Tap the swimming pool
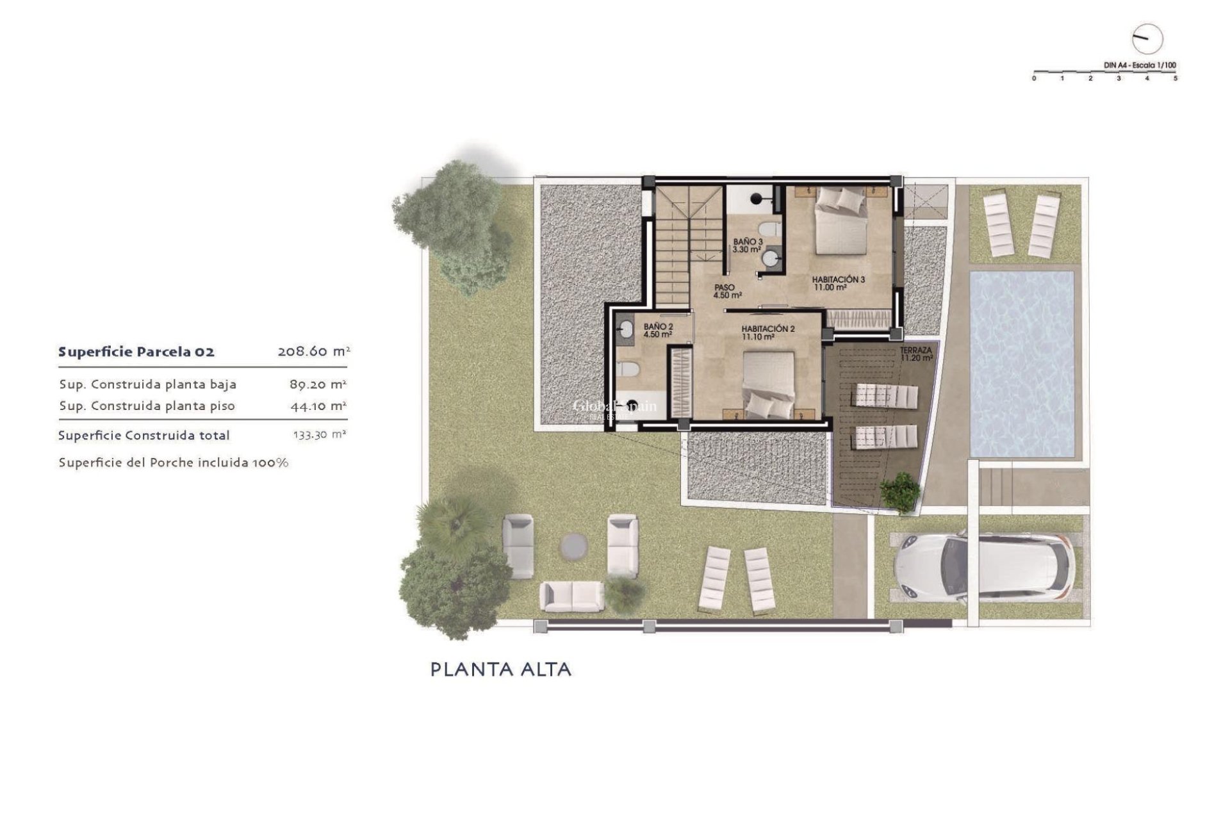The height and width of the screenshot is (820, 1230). [x=1022, y=363]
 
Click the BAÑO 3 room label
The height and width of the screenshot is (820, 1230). [x=747, y=245]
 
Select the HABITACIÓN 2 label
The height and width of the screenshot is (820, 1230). [x=767, y=332]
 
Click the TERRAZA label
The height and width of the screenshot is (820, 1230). [x=916, y=354]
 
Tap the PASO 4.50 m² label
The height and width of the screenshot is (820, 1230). [x=727, y=291]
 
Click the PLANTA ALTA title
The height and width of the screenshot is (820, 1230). [x=500, y=669]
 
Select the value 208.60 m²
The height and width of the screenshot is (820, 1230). [x=313, y=352]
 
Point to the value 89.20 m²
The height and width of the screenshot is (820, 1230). [x=318, y=384]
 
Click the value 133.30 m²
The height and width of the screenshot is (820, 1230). [x=320, y=435]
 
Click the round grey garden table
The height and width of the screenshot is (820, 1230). [x=573, y=546]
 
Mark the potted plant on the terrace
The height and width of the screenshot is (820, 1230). [x=900, y=492]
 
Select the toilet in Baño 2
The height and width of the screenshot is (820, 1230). [x=628, y=370]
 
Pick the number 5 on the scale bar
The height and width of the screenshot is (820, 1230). [x=1175, y=79]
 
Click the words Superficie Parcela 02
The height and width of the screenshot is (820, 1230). [x=136, y=352]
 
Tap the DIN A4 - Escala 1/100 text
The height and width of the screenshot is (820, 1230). [x=1140, y=65]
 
